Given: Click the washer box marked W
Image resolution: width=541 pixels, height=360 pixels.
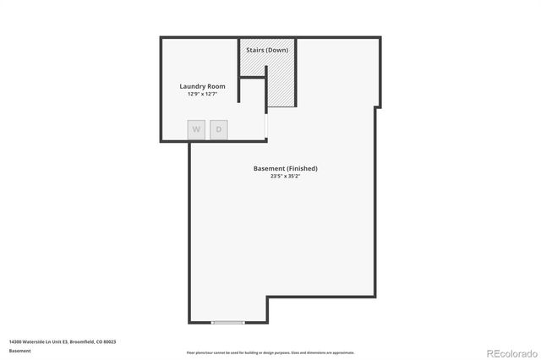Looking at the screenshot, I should coord(196,129).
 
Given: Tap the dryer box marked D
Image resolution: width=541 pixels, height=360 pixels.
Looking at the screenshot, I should coord(219,129).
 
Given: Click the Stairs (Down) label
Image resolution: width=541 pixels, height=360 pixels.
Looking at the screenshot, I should coord(267,51).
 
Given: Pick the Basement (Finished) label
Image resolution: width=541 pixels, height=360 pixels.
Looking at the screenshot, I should coord(286,168).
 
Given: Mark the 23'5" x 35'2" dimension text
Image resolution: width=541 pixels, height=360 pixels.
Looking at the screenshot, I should coord(286,177).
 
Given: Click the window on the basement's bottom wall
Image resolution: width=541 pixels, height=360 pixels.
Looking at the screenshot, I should coord(228,322).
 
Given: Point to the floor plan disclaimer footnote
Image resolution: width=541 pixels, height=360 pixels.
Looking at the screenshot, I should coord(270,352).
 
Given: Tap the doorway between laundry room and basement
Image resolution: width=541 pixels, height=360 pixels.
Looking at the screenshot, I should coord(266,127).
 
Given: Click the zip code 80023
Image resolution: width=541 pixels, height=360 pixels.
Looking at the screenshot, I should coord(110,341).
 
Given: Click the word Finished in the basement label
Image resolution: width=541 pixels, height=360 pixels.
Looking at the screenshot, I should coord(303,168).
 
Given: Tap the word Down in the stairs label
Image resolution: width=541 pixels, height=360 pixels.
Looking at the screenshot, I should coord(278,51).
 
